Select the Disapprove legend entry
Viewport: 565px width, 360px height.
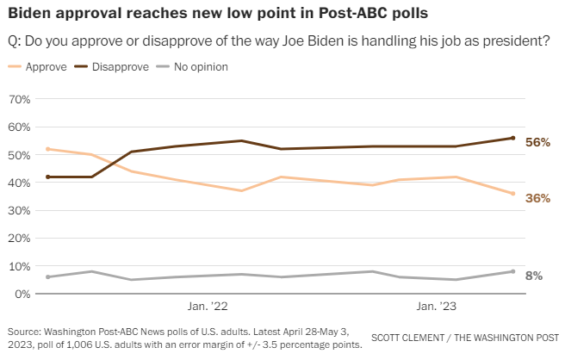tap(120, 66)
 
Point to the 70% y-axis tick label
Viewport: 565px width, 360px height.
tap(19, 99)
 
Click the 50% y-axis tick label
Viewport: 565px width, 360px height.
tap(19, 155)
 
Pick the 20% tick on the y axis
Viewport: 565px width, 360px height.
tap(19, 239)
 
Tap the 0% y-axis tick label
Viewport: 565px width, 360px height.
tap(22, 294)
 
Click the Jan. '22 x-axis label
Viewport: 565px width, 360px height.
tap(208, 307)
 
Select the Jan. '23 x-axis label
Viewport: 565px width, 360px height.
tap(438, 307)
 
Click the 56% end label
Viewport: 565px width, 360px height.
tap(537, 142)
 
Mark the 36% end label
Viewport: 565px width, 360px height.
tap(537, 198)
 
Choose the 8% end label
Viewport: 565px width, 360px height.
tap(534, 276)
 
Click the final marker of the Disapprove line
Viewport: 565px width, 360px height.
tap(512, 138)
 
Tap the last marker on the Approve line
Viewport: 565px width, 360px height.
tap(512, 194)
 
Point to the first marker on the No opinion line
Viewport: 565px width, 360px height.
tap(48, 277)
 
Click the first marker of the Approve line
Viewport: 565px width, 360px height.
tap(48, 149)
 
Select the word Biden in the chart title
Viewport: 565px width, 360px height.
tap(28, 15)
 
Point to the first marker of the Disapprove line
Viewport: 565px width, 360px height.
tap(48, 177)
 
